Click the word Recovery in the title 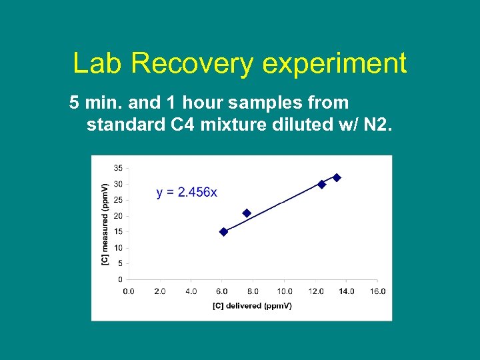point(192,64)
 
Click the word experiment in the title point(334,64)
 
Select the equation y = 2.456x point(187,192)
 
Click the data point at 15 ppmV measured point(224,231)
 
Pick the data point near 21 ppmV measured point(247,213)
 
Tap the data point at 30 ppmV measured point(322,184)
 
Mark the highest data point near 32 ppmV point(337,177)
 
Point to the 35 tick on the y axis point(117,168)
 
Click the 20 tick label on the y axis point(117,216)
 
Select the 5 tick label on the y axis point(119,263)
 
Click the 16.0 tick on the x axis point(377,291)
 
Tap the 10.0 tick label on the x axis point(285,291)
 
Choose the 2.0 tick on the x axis point(160,291)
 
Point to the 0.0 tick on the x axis point(129,291)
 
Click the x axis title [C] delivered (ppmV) point(252,306)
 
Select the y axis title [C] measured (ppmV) point(104,223)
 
